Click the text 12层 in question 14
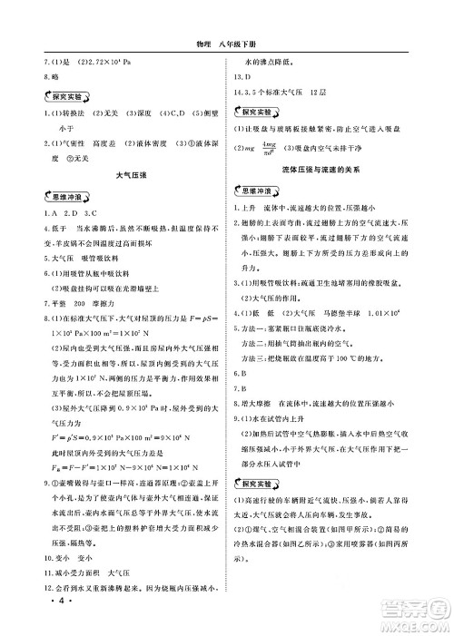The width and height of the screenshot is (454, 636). (319, 93)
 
